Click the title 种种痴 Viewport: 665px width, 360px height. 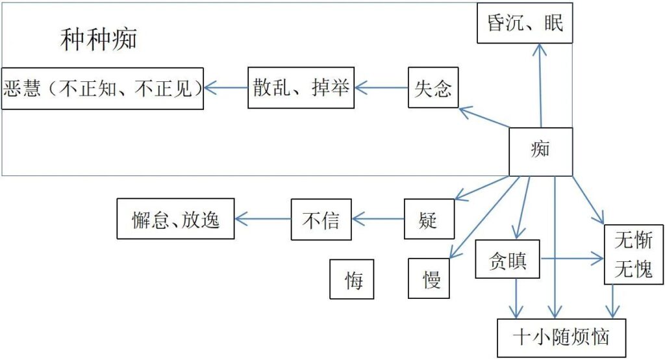(99, 40)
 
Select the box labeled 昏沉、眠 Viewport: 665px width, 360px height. (525, 23)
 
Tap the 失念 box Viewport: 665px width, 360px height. (433, 87)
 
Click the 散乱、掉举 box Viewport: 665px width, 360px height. (301, 87)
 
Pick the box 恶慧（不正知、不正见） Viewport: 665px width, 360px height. (102, 88)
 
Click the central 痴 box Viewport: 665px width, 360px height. (540, 151)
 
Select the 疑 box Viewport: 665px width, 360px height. (429, 220)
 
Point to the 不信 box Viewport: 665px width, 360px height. (321, 220)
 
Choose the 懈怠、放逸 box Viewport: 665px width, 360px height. (175, 219)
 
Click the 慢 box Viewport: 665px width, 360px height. (429, 278)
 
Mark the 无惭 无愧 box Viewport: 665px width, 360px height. (634, 254)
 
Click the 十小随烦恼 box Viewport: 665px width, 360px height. (561, 338)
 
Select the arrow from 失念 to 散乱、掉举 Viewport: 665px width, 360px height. (381, 87)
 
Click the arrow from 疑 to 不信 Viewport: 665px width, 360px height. (377, 220)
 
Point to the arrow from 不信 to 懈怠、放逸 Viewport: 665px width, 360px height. (262, 219)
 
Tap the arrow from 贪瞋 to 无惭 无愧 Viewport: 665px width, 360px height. (572, 259)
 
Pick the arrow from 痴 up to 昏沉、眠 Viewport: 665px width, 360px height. (539, 85)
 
